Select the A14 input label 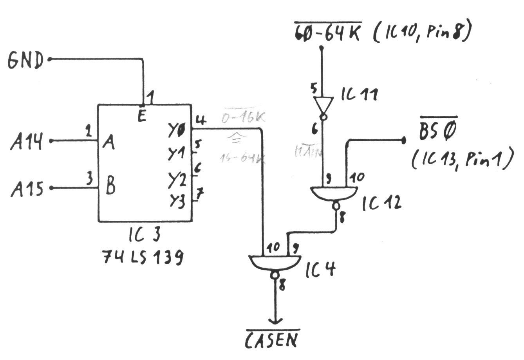[27, 141]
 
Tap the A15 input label [27, 189]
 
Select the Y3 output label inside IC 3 [177, 201]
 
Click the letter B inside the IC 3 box [110, 187]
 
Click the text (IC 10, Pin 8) [421, 33]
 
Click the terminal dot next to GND [50, 59]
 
